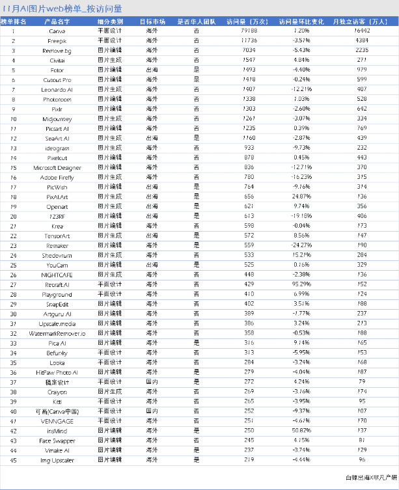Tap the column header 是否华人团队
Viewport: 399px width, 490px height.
coord(196,21)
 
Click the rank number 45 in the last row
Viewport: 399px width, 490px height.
coord(12,459)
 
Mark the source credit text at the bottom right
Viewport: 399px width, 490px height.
coord(370,478)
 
